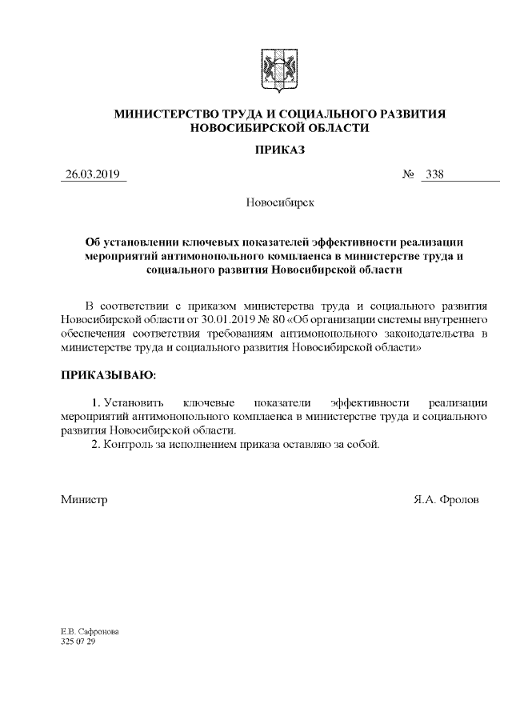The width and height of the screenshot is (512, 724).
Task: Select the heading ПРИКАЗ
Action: pyautogui.click(x=279, y=150)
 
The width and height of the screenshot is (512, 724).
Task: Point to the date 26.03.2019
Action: pyautogui.click(x=92, y=175)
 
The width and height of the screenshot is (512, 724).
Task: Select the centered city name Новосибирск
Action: pyautogui.click(x=279, y=202)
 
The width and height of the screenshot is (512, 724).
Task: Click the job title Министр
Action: pyautogui.click(x=84, y=499)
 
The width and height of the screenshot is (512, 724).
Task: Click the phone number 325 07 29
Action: pyautogui.click(x=78, y=642)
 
